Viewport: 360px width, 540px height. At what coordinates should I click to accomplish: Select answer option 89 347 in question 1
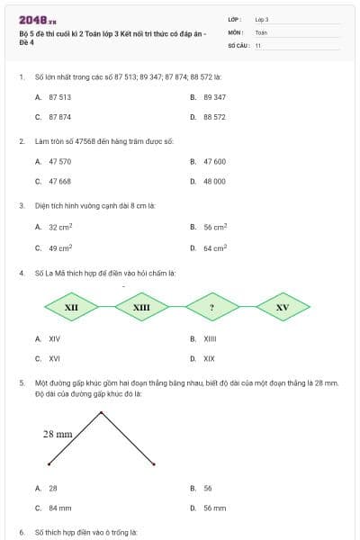[x=214, y=96]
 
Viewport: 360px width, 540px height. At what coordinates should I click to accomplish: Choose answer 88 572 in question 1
[x=214, y=117]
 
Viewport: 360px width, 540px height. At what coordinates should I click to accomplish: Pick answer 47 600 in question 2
[x=214, y=161]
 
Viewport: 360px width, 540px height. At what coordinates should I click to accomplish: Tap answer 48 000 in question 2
[x=214, y=181]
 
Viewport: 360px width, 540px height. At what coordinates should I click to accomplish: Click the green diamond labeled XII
[x=71, y=307]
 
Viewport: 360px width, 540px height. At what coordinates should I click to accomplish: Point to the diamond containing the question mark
[x=211, y=307]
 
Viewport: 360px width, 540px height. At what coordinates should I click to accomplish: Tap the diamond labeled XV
[x=283, y=307]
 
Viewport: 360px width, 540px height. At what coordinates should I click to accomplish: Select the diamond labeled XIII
[x=141, y=307]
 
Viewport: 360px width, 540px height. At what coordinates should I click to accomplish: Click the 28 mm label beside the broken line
[x=58, y=434]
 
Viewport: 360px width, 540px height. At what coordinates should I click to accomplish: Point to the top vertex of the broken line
[x=102, y=412]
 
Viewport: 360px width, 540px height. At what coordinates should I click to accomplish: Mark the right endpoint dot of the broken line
[x=155, y=464]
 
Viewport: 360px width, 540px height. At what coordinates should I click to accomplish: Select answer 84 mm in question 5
[x=59, y=508]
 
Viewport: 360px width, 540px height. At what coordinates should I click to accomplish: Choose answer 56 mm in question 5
[x=214, y=508]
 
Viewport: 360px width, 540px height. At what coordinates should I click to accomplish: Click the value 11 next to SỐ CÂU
[x=258, y=44]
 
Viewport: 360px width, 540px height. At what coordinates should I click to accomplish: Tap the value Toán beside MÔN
[x=261, y=31]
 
